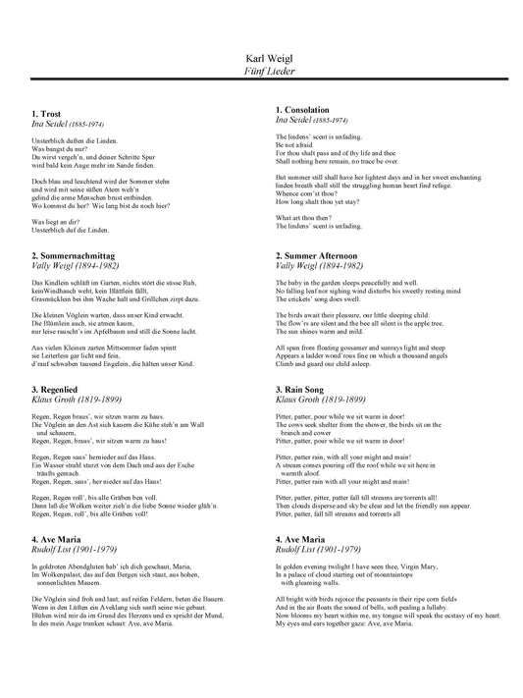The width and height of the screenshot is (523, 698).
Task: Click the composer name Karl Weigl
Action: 261,59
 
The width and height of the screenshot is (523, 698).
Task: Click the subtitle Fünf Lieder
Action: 261,72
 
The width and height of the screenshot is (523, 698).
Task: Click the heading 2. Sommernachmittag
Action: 74,227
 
